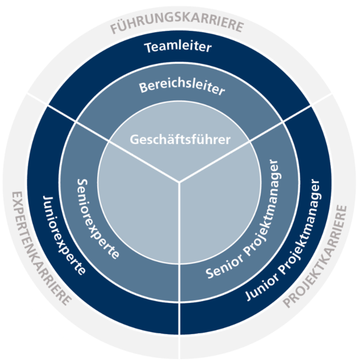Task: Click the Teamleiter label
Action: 178,47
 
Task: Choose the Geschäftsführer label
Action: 180,139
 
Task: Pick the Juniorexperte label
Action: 63,235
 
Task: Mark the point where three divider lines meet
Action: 179,182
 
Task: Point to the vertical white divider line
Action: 179,270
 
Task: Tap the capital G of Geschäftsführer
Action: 135,140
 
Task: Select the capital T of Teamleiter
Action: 149,48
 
